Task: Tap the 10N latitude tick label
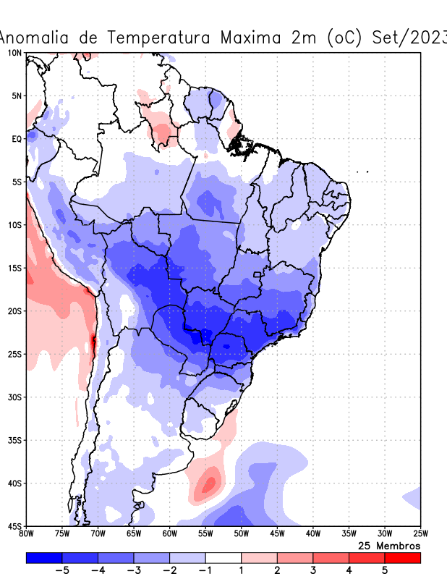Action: click(x=14, y=54)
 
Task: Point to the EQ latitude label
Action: click(x=15, y=139)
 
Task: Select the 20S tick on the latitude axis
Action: click(x=14, y=311)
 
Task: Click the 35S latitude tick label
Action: click(x=14, y=440)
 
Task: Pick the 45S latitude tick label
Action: click(x=14, y=526)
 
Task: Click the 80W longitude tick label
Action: click(x=26, y=535)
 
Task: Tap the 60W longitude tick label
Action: click(x=169, y=535)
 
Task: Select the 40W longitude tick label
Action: click(x=312, y=535)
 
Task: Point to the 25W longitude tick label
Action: click(x=420, y=535)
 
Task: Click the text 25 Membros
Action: click(x=389, y=546)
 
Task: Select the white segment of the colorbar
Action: click(x=223, y=557)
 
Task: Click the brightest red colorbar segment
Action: click(x=402, y=557)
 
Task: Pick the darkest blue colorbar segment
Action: click(x=44, y=557)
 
